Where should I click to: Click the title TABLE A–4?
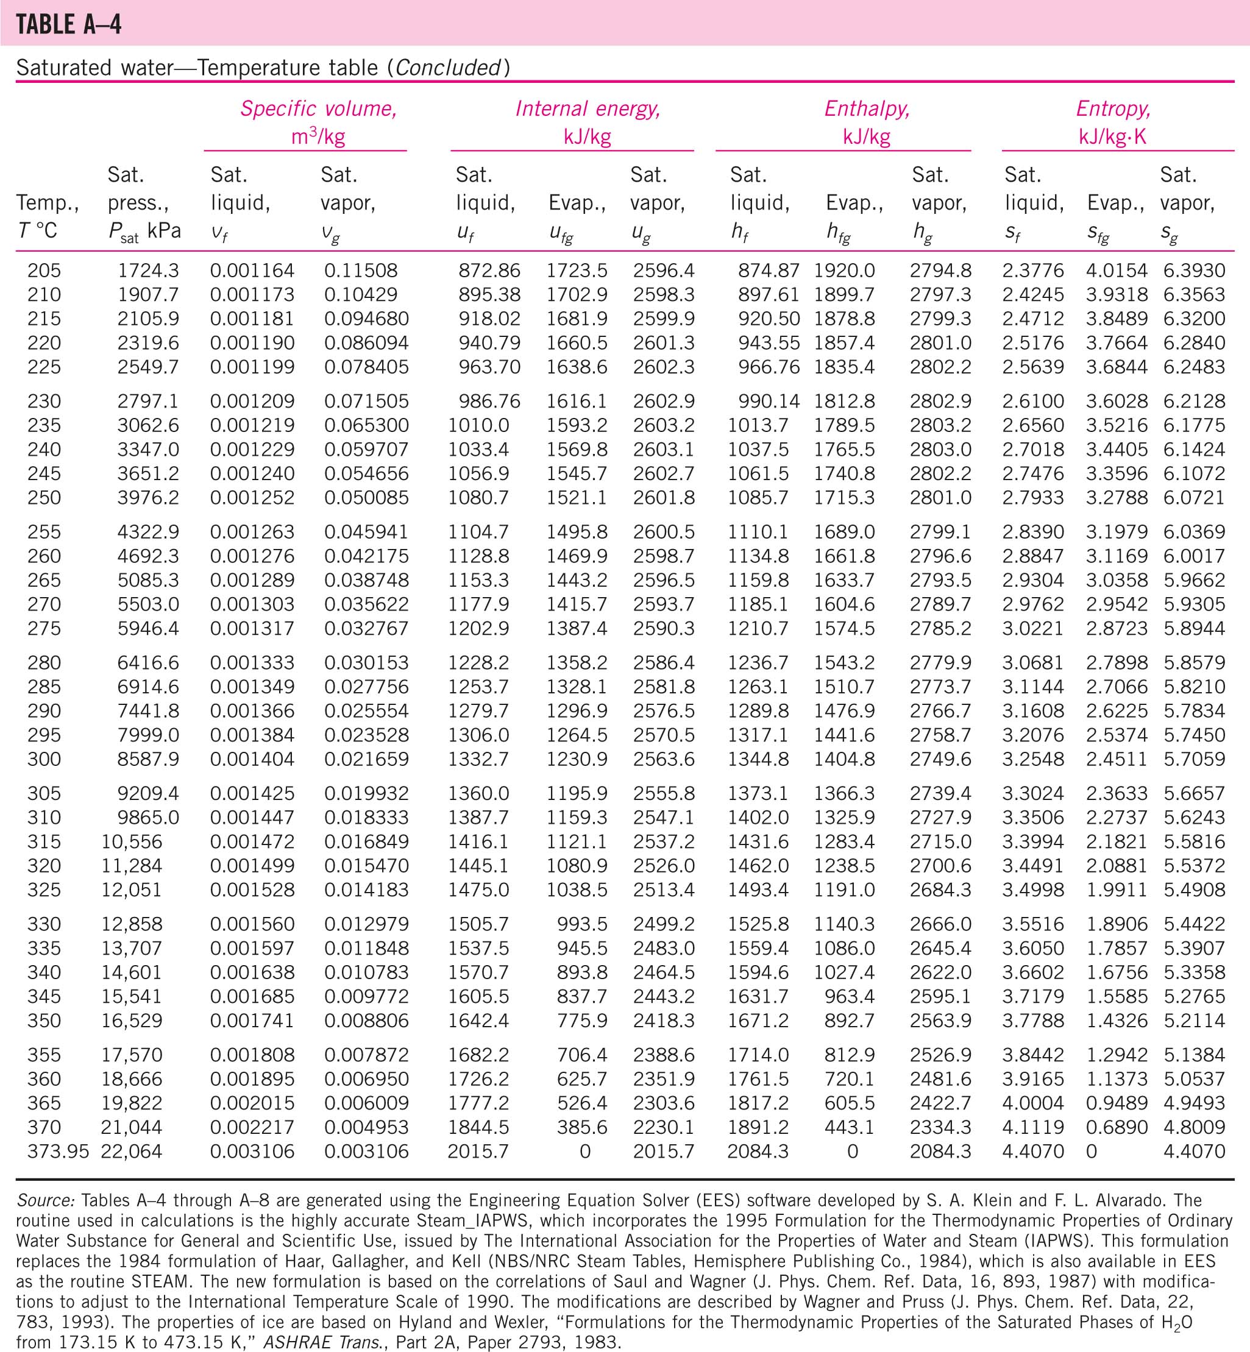(x=68, y=24)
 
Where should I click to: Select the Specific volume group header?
(x=318, y=109)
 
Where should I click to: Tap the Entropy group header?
(x=1113, y=109)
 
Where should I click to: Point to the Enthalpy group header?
(x=867, y=109)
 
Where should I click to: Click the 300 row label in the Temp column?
(x=44, y=759)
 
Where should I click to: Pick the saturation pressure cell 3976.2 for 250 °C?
(x=148, y=498)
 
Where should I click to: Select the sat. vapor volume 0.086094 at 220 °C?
(x=366, y=343)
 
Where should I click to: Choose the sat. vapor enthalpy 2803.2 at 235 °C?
(x=940, y=425)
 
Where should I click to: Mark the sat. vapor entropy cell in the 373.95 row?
(x=1194, y=1151)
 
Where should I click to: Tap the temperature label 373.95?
(x=57, y=1151)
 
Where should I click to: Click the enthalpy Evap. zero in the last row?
(x=852, y=1151)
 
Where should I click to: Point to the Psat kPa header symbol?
(x=144, y=232)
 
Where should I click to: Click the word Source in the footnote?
(x=45, y=1200)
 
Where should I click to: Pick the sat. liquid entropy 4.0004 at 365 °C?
(x=1033, y=1103)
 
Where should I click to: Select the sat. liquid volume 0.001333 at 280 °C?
(x=252, y=663)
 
